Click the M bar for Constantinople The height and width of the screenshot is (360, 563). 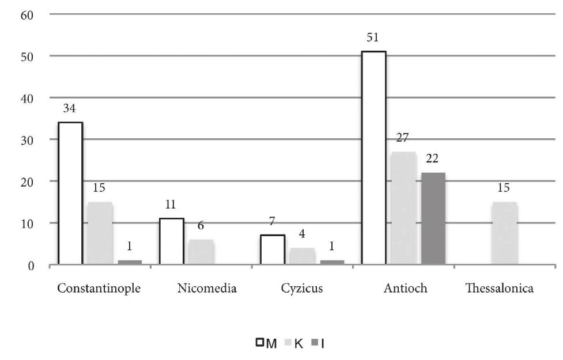pos(70,194)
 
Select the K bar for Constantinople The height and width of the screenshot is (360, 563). pos(100,233)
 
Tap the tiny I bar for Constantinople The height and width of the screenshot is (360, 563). pos(130,263)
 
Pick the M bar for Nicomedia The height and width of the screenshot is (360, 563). pos(171,242)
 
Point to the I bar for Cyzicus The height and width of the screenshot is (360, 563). pos(332,263)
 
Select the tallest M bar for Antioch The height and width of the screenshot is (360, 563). pos(373,158)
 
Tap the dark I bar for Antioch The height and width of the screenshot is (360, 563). pos(433,219)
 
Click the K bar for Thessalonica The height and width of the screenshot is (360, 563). pos(504,233)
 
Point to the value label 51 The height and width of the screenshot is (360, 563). pos(373,39)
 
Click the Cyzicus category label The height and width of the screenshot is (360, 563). pos(302,289)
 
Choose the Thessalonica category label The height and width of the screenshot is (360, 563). pos(499,289)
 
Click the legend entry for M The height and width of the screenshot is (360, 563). pos(266,344)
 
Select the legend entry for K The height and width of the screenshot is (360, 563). pos(294,344)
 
